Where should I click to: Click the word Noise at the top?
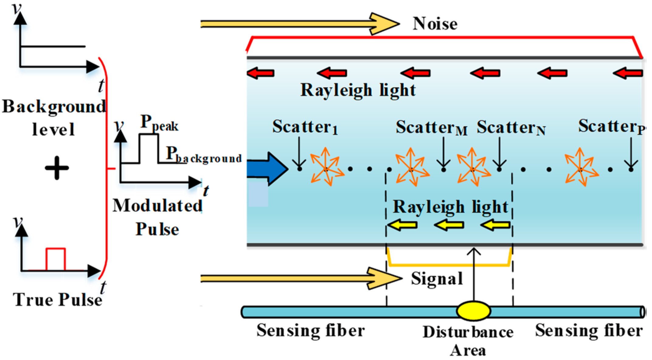pos(435,24)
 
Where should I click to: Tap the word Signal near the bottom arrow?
pos(437,279)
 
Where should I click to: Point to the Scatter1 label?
pos(305,127)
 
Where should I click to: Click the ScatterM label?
pos(431,127)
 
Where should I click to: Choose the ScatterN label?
pos(511,127)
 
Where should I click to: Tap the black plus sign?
pos(57,168)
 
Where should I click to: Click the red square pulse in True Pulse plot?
pos(56,258)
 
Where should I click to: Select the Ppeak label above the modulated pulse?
pos(159,123)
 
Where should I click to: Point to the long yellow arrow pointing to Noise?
pos(300,24)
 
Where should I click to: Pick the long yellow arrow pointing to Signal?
pos(301,278)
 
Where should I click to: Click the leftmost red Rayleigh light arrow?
pos(261,73)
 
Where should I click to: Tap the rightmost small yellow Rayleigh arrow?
pos(495,225)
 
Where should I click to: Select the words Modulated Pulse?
pos(157,217)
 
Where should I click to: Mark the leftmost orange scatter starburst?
pos(326,167)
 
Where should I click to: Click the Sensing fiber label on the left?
pos(310,331)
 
